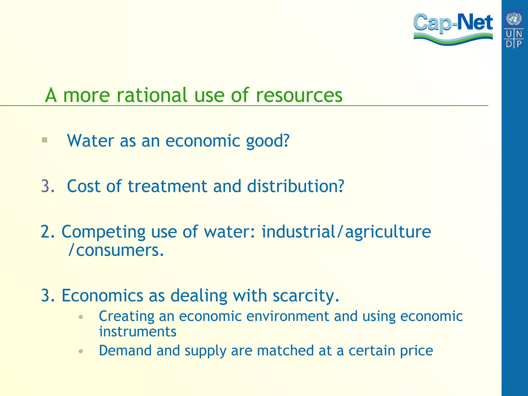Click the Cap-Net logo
(453, 28)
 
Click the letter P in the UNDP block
(519, 44)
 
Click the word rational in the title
(152, 95)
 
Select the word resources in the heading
(299, 95)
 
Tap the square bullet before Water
(45, 140)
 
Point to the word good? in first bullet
(268, 141)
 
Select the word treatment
(167, 186)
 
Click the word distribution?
(295, 186)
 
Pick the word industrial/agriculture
(346, 232)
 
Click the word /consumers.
(116, 250)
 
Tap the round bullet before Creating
(81, 317)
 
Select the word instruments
(138, 332)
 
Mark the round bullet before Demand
(81, 351)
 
